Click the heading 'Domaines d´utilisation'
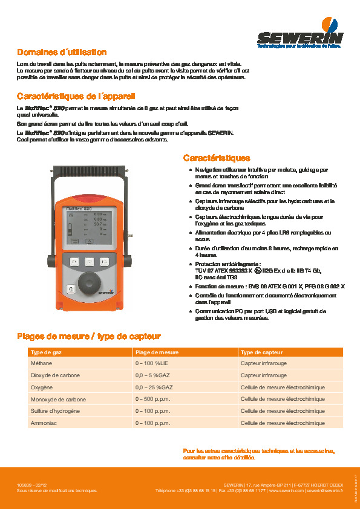pos(62,53)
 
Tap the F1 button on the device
pos(74,262)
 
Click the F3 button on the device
pos(104,262)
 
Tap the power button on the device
pos(70,289)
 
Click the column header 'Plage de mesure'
pos(157,352)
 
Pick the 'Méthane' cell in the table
pos(41,363)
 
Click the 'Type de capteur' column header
pos(261,352)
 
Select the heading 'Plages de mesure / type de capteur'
pos(88,336)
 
